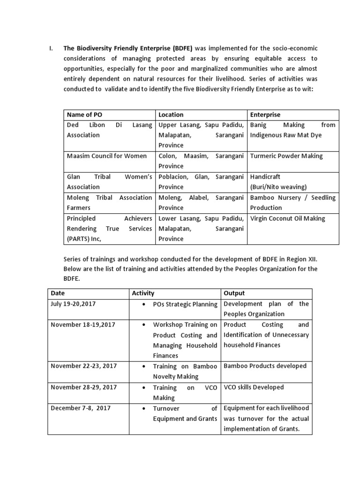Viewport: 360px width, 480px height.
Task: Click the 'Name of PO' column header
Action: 84,114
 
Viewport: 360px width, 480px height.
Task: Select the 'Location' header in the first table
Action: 171,114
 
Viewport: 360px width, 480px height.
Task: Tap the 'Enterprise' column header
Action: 265,114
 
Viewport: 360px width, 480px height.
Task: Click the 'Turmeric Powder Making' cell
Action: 286,156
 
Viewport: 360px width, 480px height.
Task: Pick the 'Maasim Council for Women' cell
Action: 107,156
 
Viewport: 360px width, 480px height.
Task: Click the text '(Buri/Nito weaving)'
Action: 278,187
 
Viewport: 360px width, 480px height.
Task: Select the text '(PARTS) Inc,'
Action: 84,239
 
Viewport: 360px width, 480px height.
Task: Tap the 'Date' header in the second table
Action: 58,293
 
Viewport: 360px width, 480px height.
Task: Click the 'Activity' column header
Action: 143,293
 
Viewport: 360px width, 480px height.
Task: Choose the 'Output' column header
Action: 234,293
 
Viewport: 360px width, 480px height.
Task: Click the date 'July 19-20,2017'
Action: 73,304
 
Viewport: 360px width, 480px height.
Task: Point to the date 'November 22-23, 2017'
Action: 83,366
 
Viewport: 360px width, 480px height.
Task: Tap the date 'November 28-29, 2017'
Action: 83,387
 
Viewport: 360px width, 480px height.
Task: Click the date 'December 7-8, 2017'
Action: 81,408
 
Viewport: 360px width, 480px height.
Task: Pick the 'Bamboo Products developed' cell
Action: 265,366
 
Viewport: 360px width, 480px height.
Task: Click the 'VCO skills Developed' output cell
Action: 254,387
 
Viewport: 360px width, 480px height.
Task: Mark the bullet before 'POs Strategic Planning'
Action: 142,304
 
